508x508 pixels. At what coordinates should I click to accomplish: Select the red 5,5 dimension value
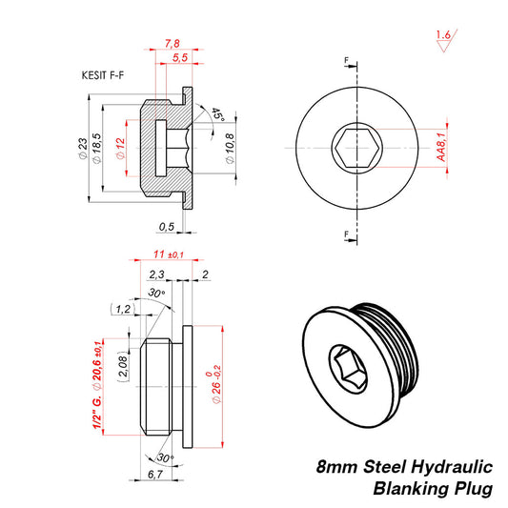[178, 59]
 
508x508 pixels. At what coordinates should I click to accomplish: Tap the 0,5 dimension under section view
[166, 227]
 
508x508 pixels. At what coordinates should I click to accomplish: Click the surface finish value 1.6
[441, 35]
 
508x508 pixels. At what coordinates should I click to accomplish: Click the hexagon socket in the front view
[352, 149]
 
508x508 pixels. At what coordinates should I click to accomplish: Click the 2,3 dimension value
[157, 274]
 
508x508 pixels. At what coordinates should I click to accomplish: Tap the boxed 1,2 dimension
[122, 309]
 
